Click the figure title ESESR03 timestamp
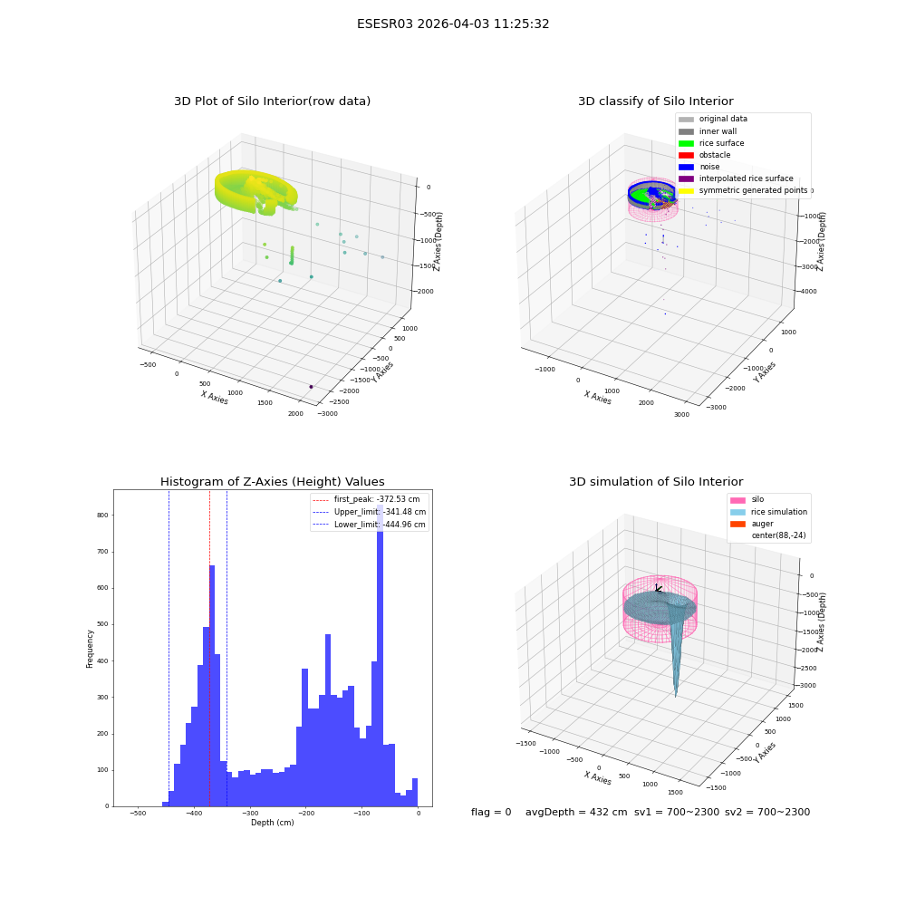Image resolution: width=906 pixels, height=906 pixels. (x=453, y=24)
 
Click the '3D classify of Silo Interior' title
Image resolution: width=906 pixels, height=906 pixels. (x=656, y=101)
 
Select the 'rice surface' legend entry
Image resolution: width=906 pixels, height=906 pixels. (x=711, y=143)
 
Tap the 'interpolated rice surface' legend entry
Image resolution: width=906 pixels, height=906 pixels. (x=736, y=178)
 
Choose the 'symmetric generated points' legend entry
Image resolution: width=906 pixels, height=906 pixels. (x=743, y=190)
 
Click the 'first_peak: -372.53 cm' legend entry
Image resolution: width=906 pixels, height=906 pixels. (x=366, y=499)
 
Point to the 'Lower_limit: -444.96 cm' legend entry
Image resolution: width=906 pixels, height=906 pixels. (x=370, y=525)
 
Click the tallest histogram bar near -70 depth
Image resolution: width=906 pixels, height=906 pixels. (x=380, y=655)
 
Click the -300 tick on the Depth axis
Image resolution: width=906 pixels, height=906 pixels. (x=250, y=813)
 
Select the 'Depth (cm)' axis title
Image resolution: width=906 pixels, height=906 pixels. (x=272, y=823)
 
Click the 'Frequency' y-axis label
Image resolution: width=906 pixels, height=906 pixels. (x=90, y=649)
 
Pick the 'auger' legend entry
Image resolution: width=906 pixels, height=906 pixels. (x=752, y=524)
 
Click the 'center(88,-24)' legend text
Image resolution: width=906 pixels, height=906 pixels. (x=778, y=535)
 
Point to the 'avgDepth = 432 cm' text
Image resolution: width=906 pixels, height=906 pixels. (x=576, y=812)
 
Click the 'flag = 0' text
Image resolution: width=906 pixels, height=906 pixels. (x=491, y=812)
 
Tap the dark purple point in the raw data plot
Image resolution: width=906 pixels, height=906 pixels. (x=311, y=387)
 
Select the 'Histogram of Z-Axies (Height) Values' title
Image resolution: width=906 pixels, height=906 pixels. (x=272, y=482)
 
